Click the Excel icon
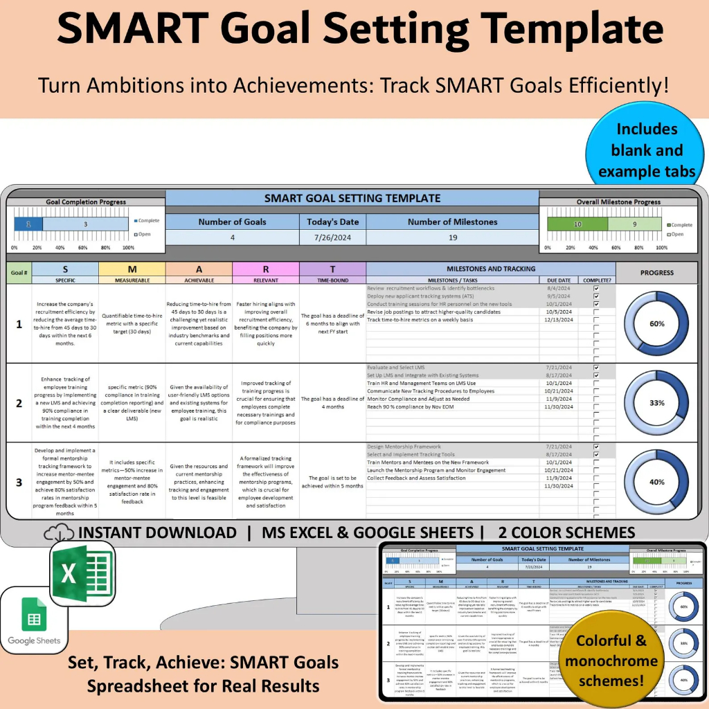pos(78,573)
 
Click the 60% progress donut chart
pos(656,323)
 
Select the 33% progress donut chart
pos(656,402)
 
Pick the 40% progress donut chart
pos(656,482)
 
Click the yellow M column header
pos(132,269)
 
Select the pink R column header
pos(264,269)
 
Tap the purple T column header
pos(332,269)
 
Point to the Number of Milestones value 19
pos(452,237)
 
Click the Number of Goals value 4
pos(233,237)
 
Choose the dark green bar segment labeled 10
pos(577,224)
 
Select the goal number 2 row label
pos(19,403)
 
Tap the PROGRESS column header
pos(656,272)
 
